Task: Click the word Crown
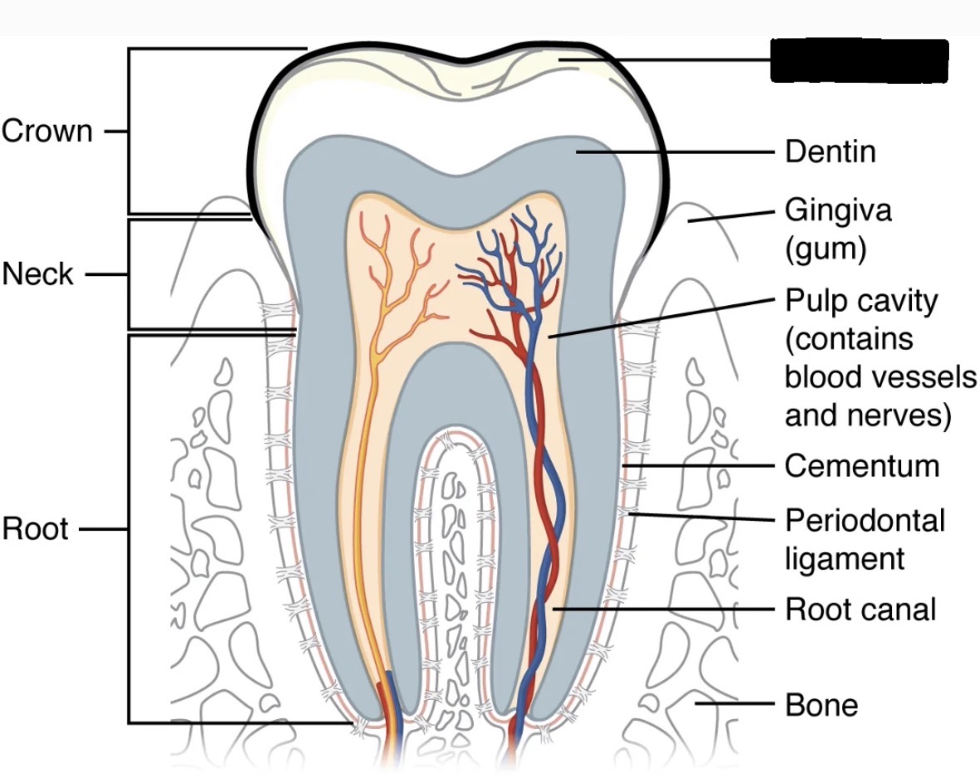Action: click(47, 131)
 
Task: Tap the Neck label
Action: click(37, 273)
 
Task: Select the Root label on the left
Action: click(35, 529)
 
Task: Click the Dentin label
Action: click(830, 152)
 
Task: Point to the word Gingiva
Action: click(838, 210)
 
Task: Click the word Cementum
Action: click(862, 466)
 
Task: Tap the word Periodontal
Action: click(865, 521)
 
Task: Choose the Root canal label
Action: click(860, 609)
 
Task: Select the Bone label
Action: click(821, 705)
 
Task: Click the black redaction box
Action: click(859, 61)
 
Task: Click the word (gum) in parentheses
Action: click(826, 248)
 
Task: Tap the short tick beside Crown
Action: click(116, 131)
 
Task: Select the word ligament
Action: click(845, 558)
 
